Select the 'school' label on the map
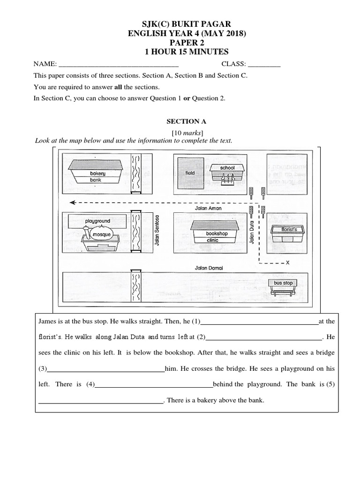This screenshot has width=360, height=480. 227,167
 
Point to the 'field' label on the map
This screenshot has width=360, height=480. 190,173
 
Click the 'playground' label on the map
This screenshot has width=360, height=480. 97,221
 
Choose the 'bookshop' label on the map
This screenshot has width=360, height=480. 217,233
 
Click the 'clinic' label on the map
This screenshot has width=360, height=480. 212,240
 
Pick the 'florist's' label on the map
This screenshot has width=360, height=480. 286,230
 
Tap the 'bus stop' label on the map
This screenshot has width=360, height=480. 283,283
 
